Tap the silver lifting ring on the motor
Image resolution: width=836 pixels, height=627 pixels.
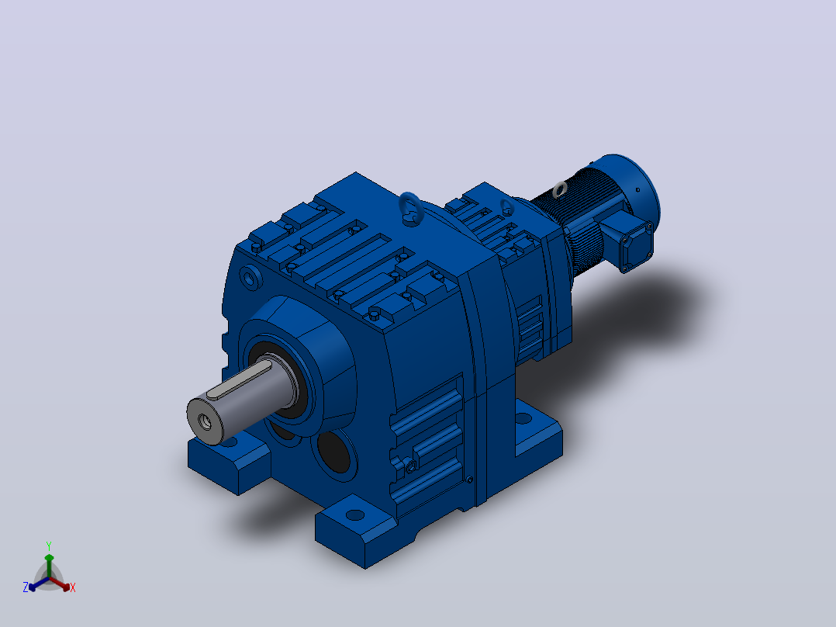(x=560, y=189)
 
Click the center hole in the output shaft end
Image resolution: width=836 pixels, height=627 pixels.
(x=206, y=421)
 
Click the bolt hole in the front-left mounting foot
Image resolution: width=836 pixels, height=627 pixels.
(x=230, y=442)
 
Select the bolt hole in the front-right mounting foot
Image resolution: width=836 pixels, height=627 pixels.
(x=355, y=515)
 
